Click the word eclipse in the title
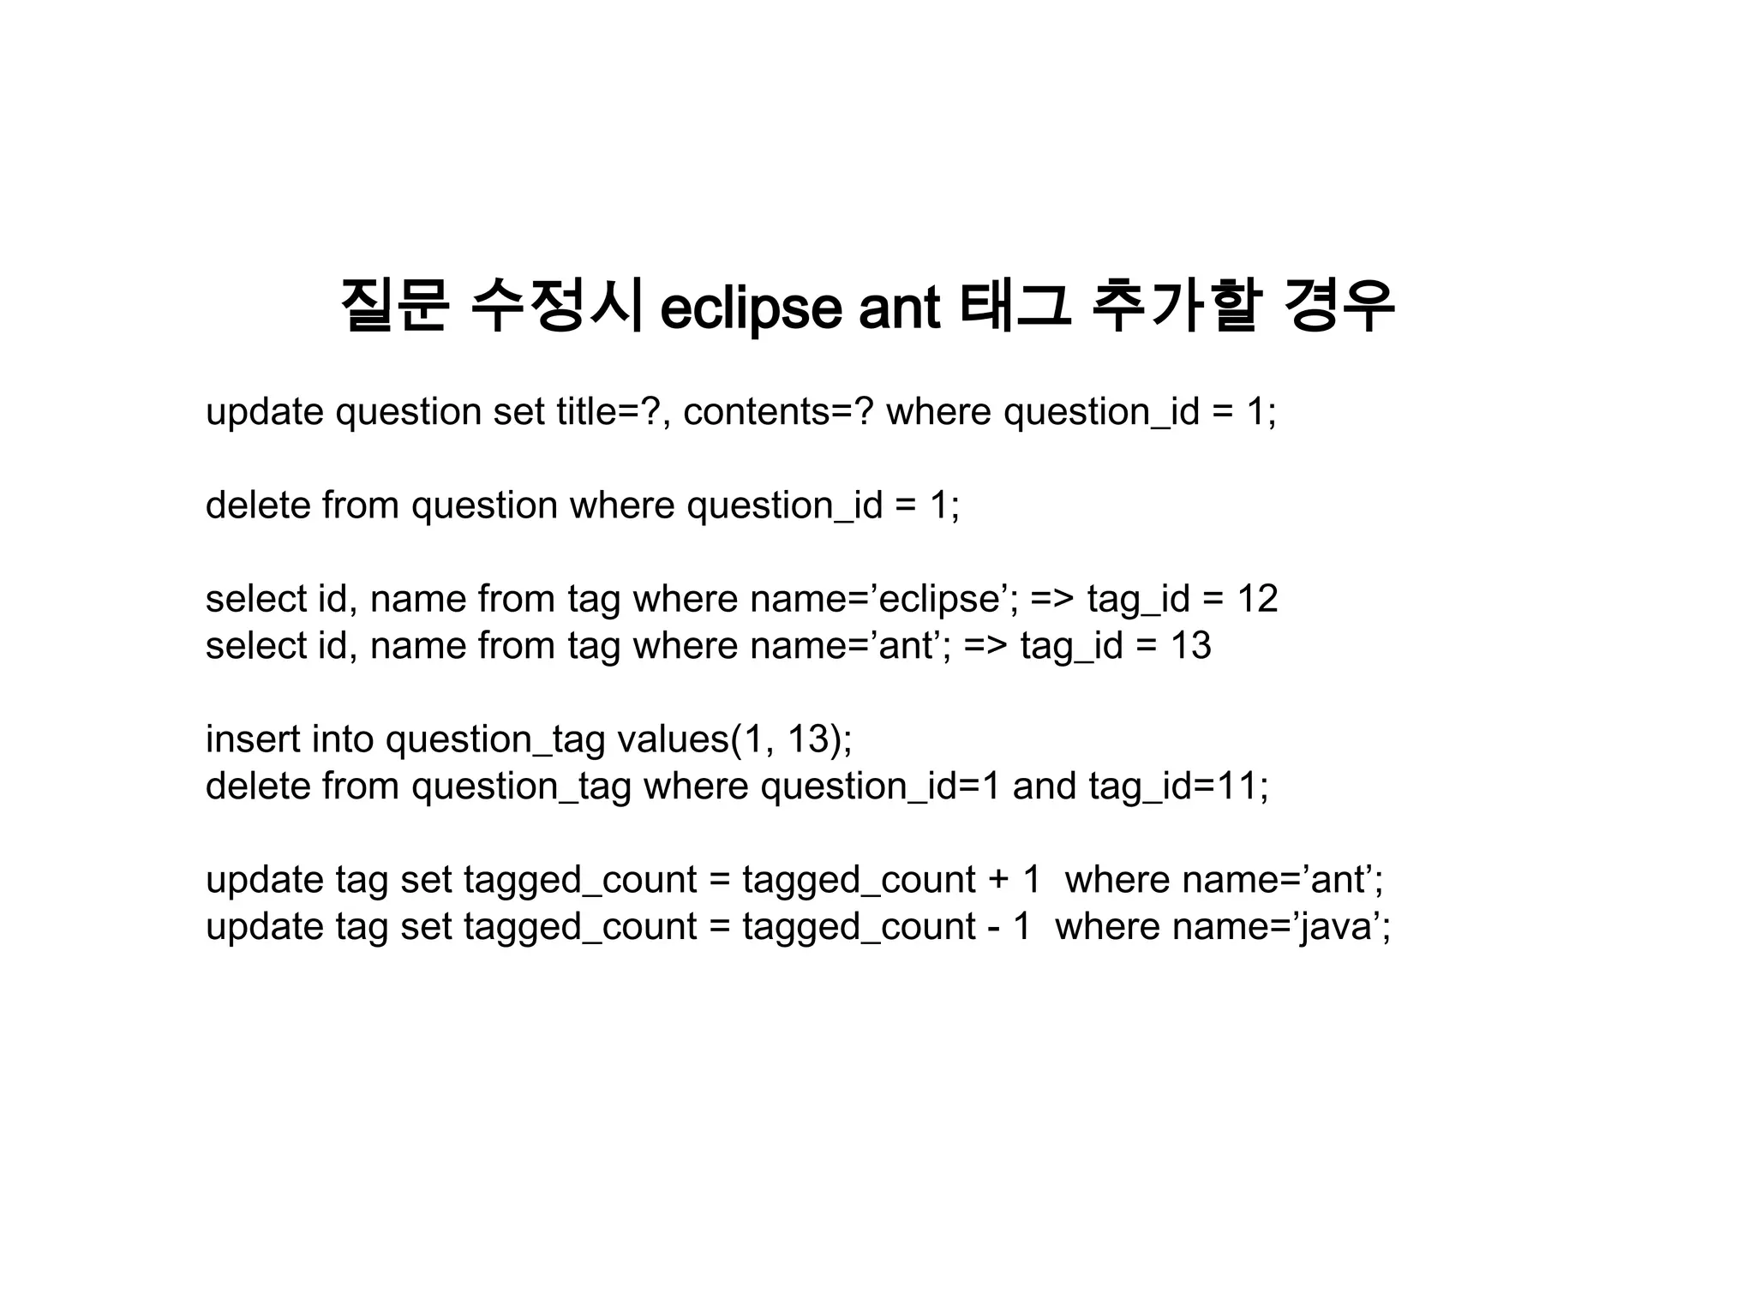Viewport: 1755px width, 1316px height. coord(751,308)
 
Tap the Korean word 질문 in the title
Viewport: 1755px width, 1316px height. coord(394,306)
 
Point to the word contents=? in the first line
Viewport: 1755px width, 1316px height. coord(778,412)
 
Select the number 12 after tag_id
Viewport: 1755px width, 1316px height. coord(1257,599)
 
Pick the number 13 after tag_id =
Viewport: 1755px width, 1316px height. coord(1190,646)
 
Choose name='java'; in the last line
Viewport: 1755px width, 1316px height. coord(1223,927)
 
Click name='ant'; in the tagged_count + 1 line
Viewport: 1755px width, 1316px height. coord(1224,880)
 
